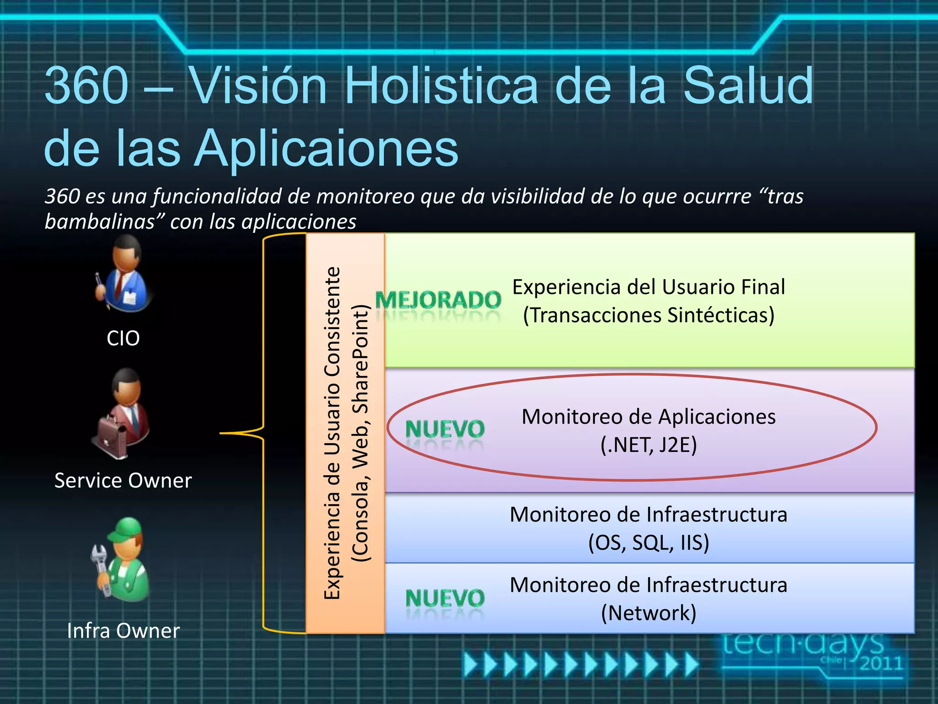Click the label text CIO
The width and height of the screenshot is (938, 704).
click(123, 338)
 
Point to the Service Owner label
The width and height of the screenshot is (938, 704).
click(123, 481)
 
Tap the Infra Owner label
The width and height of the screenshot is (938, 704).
click(123, 631)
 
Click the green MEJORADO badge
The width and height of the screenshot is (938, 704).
click(438, 301)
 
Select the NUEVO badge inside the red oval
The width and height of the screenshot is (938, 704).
click(445, 430)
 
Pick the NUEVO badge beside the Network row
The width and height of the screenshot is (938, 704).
click(445, 599)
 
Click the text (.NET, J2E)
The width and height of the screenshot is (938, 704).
click(649, 445)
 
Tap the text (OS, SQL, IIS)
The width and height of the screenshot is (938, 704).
click(649, 543)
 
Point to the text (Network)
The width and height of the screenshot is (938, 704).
click(649, 613)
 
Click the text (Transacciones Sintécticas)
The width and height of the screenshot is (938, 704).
click(649, 315)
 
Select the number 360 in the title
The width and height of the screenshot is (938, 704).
click(87, 86)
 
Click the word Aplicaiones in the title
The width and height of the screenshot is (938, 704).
click(327, 148)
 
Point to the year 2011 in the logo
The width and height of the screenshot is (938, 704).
click(880, 663)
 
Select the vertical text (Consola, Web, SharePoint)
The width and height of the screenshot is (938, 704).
click(360, 433)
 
